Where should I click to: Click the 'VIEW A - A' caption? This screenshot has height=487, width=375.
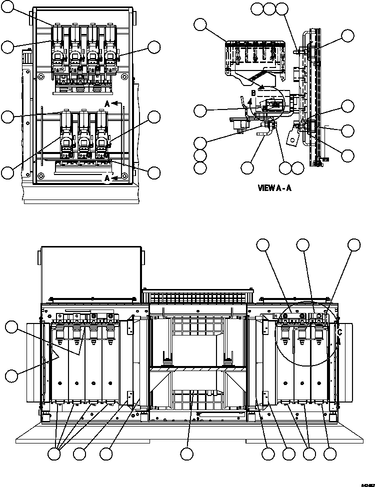click(x=274, y=188)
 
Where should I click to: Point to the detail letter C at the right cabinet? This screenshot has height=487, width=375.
click(x=340, y=331)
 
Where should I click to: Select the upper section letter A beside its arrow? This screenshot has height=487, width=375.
click(x=107, y=103)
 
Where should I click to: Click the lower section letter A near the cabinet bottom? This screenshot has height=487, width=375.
click(x=107, y=178)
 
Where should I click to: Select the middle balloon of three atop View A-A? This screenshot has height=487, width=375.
click(x=269, y=8)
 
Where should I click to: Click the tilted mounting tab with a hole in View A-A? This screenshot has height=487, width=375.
click(x=292, y=137)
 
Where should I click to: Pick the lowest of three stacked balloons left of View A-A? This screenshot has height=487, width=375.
click(x=200, y=167)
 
